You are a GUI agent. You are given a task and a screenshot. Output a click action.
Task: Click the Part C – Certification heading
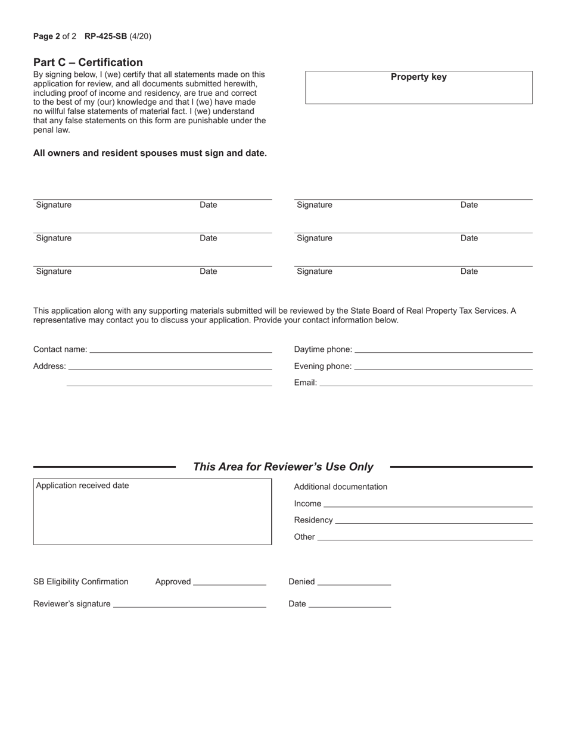(x=88, y=62)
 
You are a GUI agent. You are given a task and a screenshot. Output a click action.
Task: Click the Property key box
(x=418, y=88)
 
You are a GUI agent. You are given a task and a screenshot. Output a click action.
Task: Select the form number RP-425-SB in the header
(x=105, y=36)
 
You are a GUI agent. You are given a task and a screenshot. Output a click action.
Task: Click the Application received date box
(x=153, y=512)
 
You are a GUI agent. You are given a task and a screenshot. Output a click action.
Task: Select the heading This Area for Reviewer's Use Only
(x=283, y=467)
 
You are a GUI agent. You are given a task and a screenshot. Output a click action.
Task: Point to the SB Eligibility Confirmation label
(x=81, y=581)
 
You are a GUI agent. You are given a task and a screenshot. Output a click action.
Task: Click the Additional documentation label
(x=340, y=487)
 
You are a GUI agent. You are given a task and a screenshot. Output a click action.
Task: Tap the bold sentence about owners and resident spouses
(x=150, y=153)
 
